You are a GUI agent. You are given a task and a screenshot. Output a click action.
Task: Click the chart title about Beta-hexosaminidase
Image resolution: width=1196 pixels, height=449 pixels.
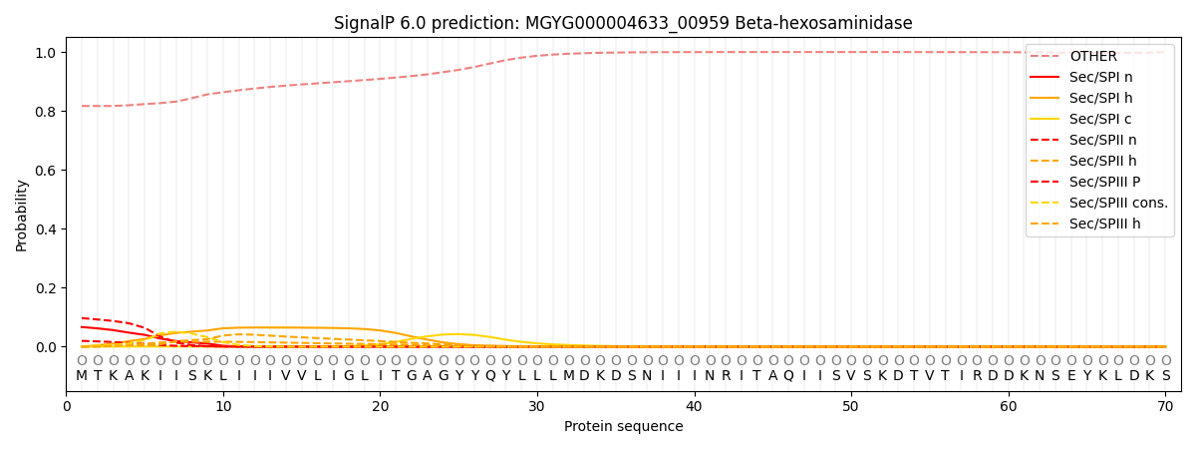(x=623, y=23)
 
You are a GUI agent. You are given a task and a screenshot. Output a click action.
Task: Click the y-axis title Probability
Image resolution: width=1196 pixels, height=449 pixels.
(x=22, y=215)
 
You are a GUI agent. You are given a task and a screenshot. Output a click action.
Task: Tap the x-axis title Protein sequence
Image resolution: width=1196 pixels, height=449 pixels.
(x=623, y=426)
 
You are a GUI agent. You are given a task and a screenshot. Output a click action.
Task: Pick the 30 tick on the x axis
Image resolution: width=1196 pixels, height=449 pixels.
(x=537, y=406)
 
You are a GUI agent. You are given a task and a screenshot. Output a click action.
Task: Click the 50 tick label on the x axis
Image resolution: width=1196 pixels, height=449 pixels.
(x=850, y=406)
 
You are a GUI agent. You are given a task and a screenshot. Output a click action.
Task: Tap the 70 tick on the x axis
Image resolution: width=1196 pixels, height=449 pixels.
(x=1165, y=406)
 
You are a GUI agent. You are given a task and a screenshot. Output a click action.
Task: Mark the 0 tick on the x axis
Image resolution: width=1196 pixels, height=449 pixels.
(x=67, y=406)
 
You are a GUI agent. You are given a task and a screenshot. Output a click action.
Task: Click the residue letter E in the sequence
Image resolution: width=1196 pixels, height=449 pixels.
(x=1071, y=376)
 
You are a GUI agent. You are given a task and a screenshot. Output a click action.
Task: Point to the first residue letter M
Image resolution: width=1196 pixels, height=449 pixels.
(x=82, y=376)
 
